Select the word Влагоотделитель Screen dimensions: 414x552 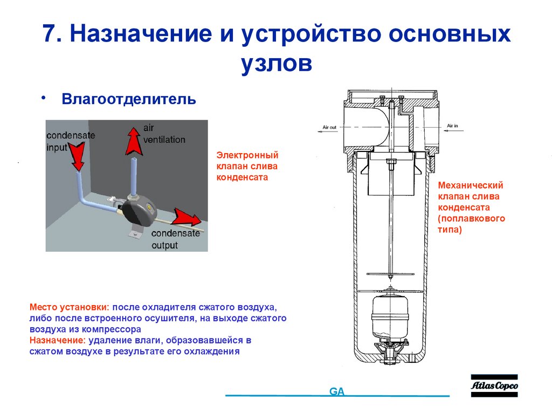128,99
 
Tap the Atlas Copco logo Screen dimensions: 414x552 494,386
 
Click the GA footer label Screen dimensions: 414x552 337,391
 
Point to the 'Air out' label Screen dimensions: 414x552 329,127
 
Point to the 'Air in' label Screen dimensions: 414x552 452,126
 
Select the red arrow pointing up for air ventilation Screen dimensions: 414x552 131,140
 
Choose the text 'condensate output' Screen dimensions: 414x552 176,239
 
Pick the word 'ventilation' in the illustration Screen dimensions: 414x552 164,140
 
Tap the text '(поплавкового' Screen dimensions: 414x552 471,218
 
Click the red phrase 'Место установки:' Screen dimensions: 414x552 70,307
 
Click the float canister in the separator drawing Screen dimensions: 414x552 389,315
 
